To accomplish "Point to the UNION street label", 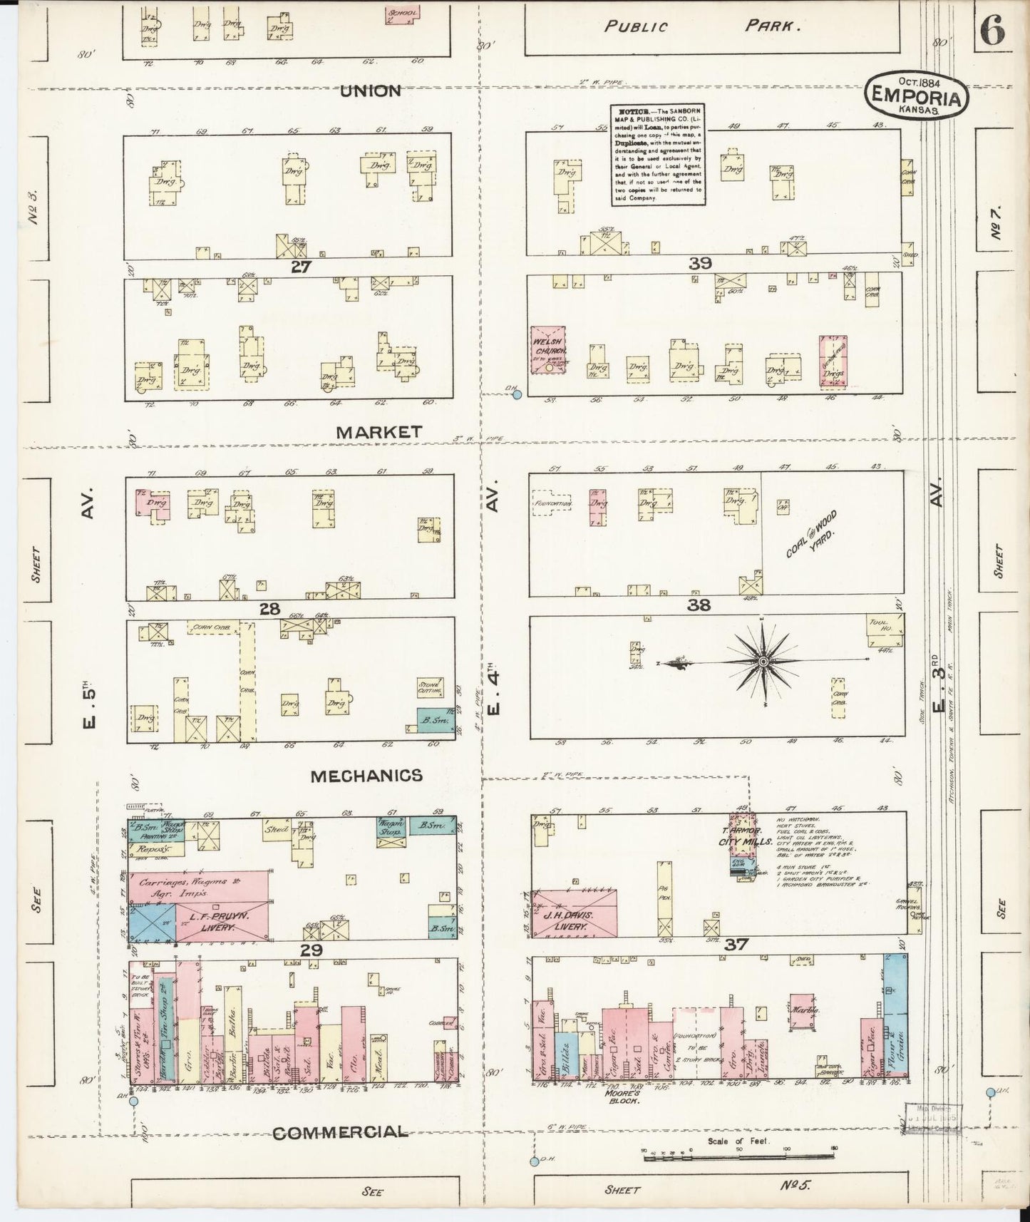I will click(x=370, y=91).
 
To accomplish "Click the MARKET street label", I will click(x=379, y=432).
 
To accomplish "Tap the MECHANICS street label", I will click(x=366, y=776).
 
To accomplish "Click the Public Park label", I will click(x=699, y=27).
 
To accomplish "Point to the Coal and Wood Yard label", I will click(x=811, y=535).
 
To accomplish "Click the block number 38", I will click(x=699, y=605).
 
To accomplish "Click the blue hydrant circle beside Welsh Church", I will click(x=517, y=394).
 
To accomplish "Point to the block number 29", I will click(x=311, y=950).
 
